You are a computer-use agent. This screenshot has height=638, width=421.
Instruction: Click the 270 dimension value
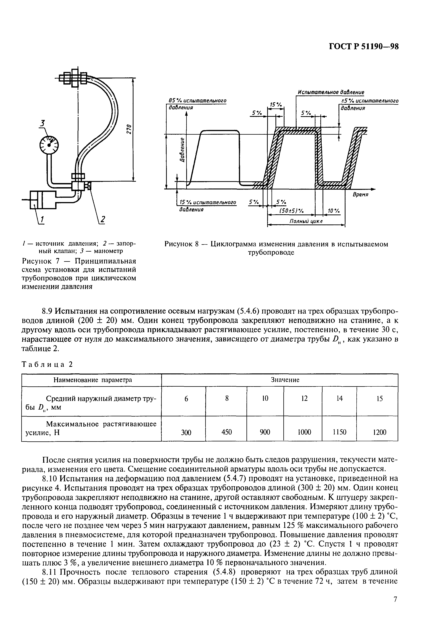128,129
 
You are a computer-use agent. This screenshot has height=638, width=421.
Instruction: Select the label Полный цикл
306,221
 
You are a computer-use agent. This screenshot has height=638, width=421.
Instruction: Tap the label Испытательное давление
331,92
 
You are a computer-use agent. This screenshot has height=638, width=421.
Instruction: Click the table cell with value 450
227,432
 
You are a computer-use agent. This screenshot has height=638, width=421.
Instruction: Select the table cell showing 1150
339,432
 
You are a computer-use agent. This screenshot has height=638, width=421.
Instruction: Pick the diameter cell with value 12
304,398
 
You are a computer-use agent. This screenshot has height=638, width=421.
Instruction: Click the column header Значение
285,380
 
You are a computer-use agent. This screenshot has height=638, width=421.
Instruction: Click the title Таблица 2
47,364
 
